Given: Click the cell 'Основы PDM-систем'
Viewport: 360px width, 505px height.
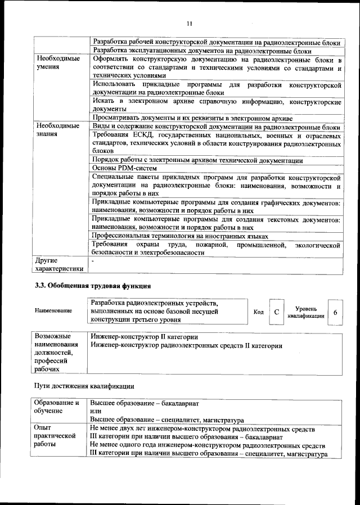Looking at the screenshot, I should tap(124, 168).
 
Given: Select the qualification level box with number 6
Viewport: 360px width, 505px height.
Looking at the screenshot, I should tap(335, 312).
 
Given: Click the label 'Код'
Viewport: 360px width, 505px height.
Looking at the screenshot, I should tap(259, 312).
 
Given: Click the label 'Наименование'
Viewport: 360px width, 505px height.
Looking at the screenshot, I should tap(53, 310).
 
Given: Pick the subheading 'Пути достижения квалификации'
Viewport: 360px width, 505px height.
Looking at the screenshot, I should tap(84, 386).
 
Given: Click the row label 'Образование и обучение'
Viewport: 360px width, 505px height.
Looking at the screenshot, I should tap(57, 407).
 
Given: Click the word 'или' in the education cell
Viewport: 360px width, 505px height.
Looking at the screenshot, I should tap(96, 412).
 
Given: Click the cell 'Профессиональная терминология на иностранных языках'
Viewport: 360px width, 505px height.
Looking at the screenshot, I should tap(180, 236).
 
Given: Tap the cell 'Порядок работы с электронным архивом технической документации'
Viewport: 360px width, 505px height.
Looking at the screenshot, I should tap(197, 160).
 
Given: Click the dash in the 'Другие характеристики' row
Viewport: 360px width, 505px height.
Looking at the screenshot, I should tap(93, 261).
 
